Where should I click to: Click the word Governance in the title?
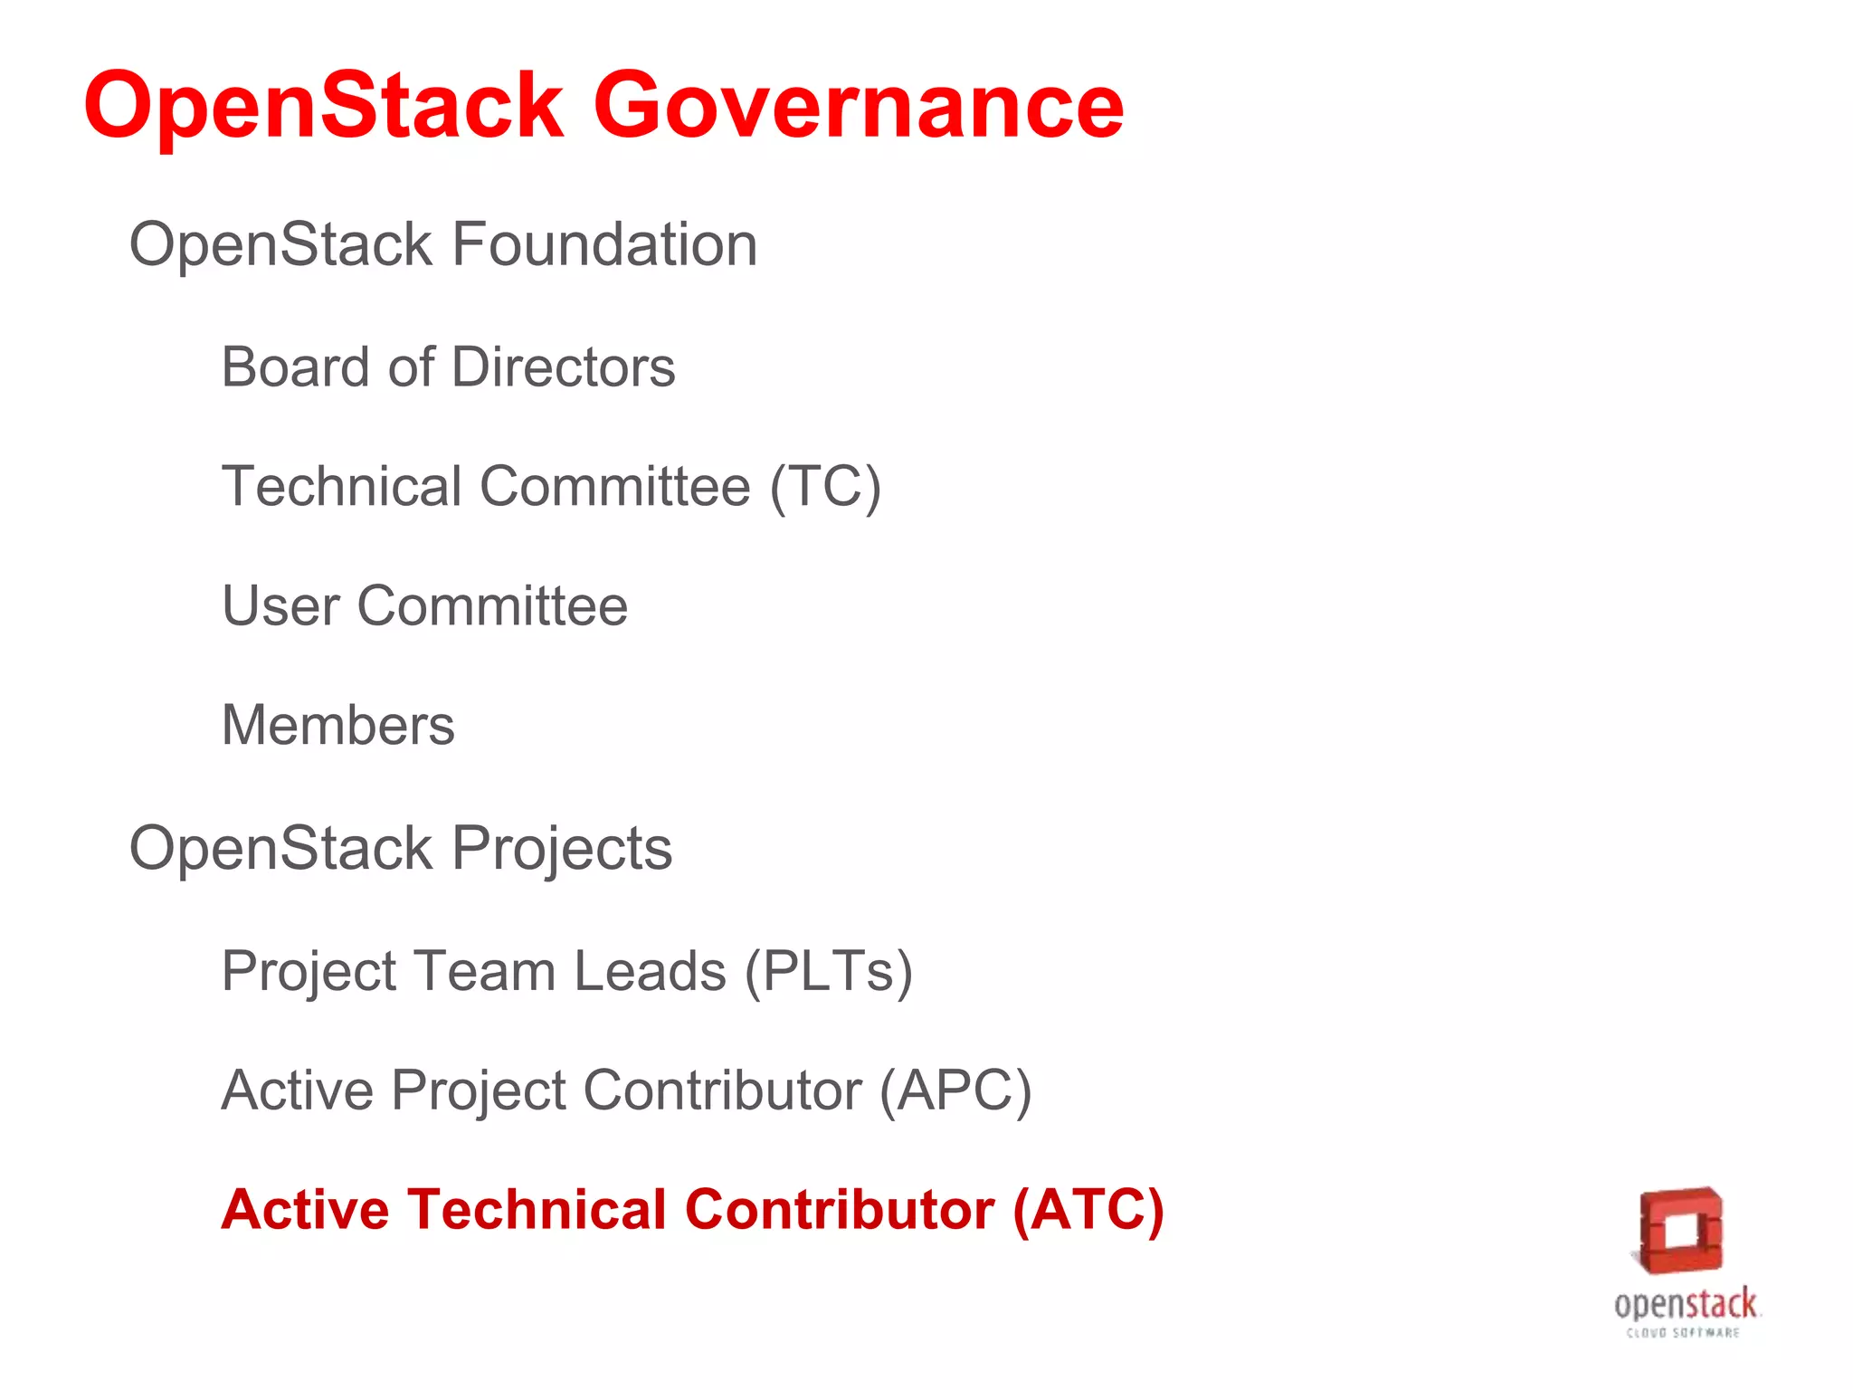point(858,107)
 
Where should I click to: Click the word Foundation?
point(603,245)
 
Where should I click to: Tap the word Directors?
point(563,367)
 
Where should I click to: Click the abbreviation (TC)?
point(824,487)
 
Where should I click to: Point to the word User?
point(280,606)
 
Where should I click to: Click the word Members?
point(338,726)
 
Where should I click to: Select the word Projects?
point(561,849)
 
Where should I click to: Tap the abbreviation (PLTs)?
point(828,972)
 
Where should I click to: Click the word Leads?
point(650,972)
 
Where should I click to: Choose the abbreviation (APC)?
point(955,1091)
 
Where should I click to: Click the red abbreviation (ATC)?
point(1088,1211)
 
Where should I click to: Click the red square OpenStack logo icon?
point(1681,1231)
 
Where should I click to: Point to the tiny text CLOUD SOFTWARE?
point(1683,1333)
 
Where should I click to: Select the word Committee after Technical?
point(615,487)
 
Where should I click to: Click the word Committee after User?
point(492,606)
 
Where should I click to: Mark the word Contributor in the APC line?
point(722,1091)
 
